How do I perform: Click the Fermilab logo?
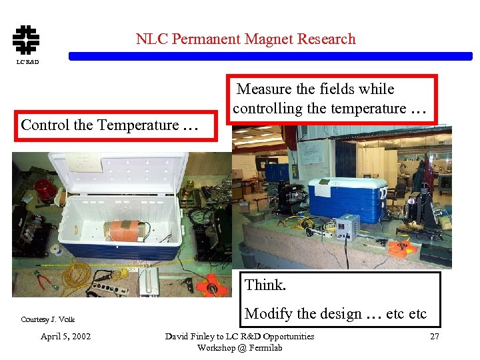[x=25, y=39]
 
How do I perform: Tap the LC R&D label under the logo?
[x=27, y=62]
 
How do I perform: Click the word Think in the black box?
[x=265, y=285]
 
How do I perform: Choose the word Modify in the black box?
[x=265, y=313]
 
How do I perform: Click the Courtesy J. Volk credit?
[x=47, y=319]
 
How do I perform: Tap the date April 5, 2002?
[x=65, y=336]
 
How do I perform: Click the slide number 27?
[x=434, y=336]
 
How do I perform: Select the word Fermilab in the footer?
[x=260, y=347]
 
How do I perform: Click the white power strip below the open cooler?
[x=110, y=287]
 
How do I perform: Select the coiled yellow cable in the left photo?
[x=78, y=273]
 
